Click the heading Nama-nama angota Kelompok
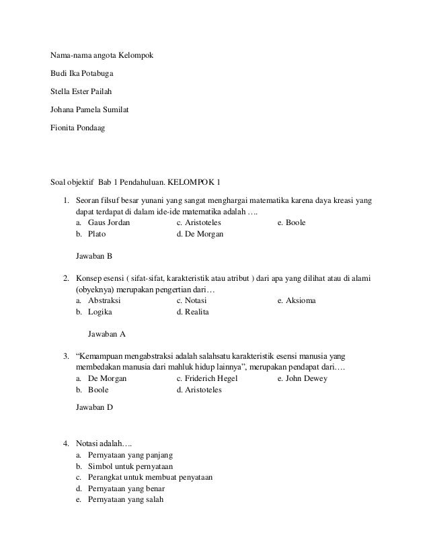click(102, 54)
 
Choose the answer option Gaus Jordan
click(110, 222)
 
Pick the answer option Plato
click(97, 234)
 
